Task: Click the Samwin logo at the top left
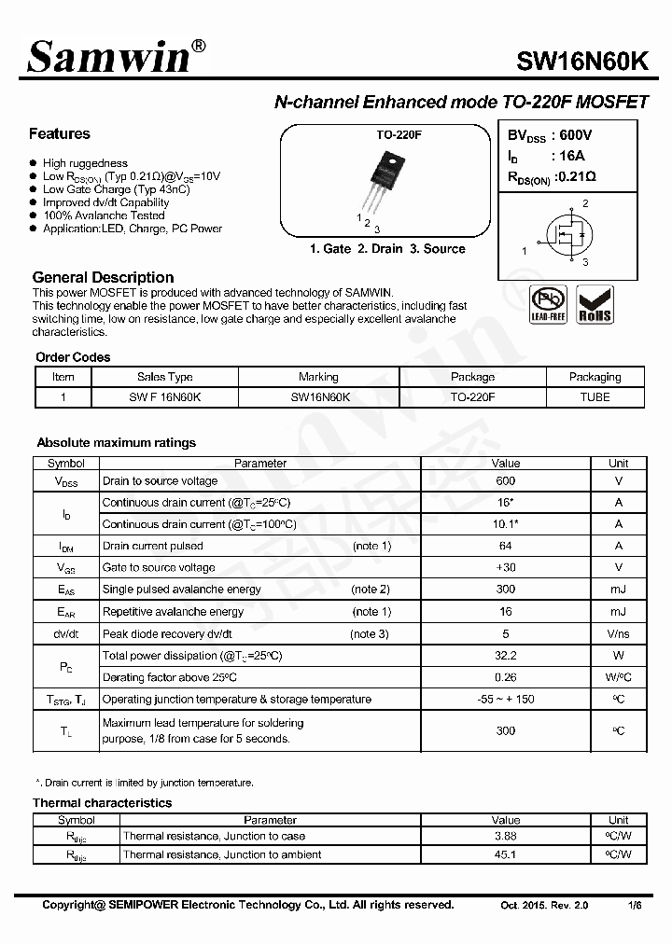[110, 58]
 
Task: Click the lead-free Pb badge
[548, 304]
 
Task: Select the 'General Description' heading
[103, 277]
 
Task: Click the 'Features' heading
[59, 133]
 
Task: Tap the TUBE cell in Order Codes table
[595, 396]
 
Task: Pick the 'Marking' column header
[318, 377]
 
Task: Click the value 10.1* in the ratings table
[506, 524]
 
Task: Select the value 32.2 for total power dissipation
[506, 656]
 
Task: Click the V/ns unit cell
[618, 634]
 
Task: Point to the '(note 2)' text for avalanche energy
[370, 590]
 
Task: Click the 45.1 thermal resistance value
[506, 854]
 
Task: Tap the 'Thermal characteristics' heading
[102, 802]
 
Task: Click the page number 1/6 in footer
[635, 906]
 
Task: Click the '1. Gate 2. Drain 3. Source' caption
[386, 249]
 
